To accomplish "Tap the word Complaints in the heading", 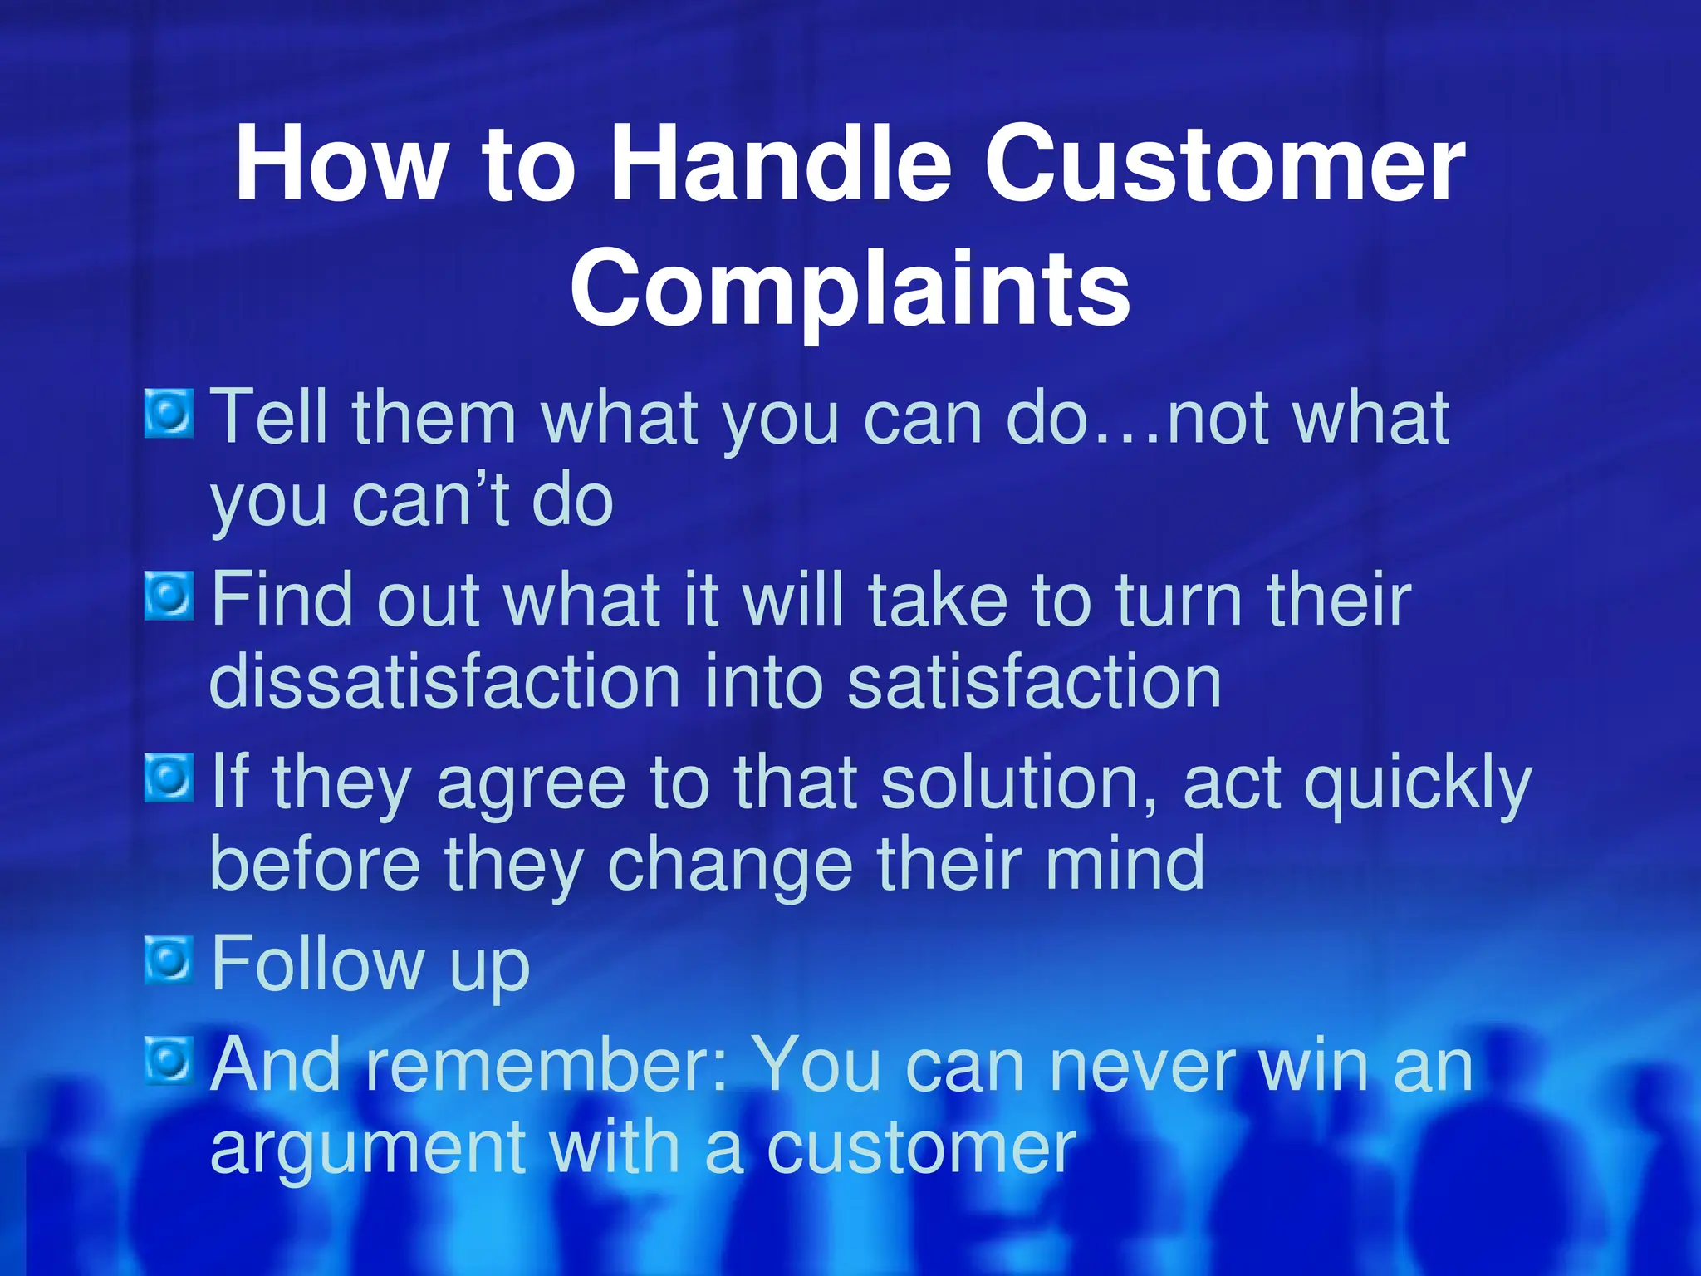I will coord(850,287).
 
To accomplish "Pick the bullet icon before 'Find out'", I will coord(169,596).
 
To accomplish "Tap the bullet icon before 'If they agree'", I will coord(169,778).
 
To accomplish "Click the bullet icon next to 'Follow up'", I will coord(169,960).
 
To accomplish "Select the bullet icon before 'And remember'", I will coord(169,1061).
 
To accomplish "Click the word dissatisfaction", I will coord(444,681).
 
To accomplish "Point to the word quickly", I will coord(1417,783).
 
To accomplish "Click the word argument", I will coord(367,1150).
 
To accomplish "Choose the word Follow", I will coord(317,964).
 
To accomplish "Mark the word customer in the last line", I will coord(920,1150).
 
